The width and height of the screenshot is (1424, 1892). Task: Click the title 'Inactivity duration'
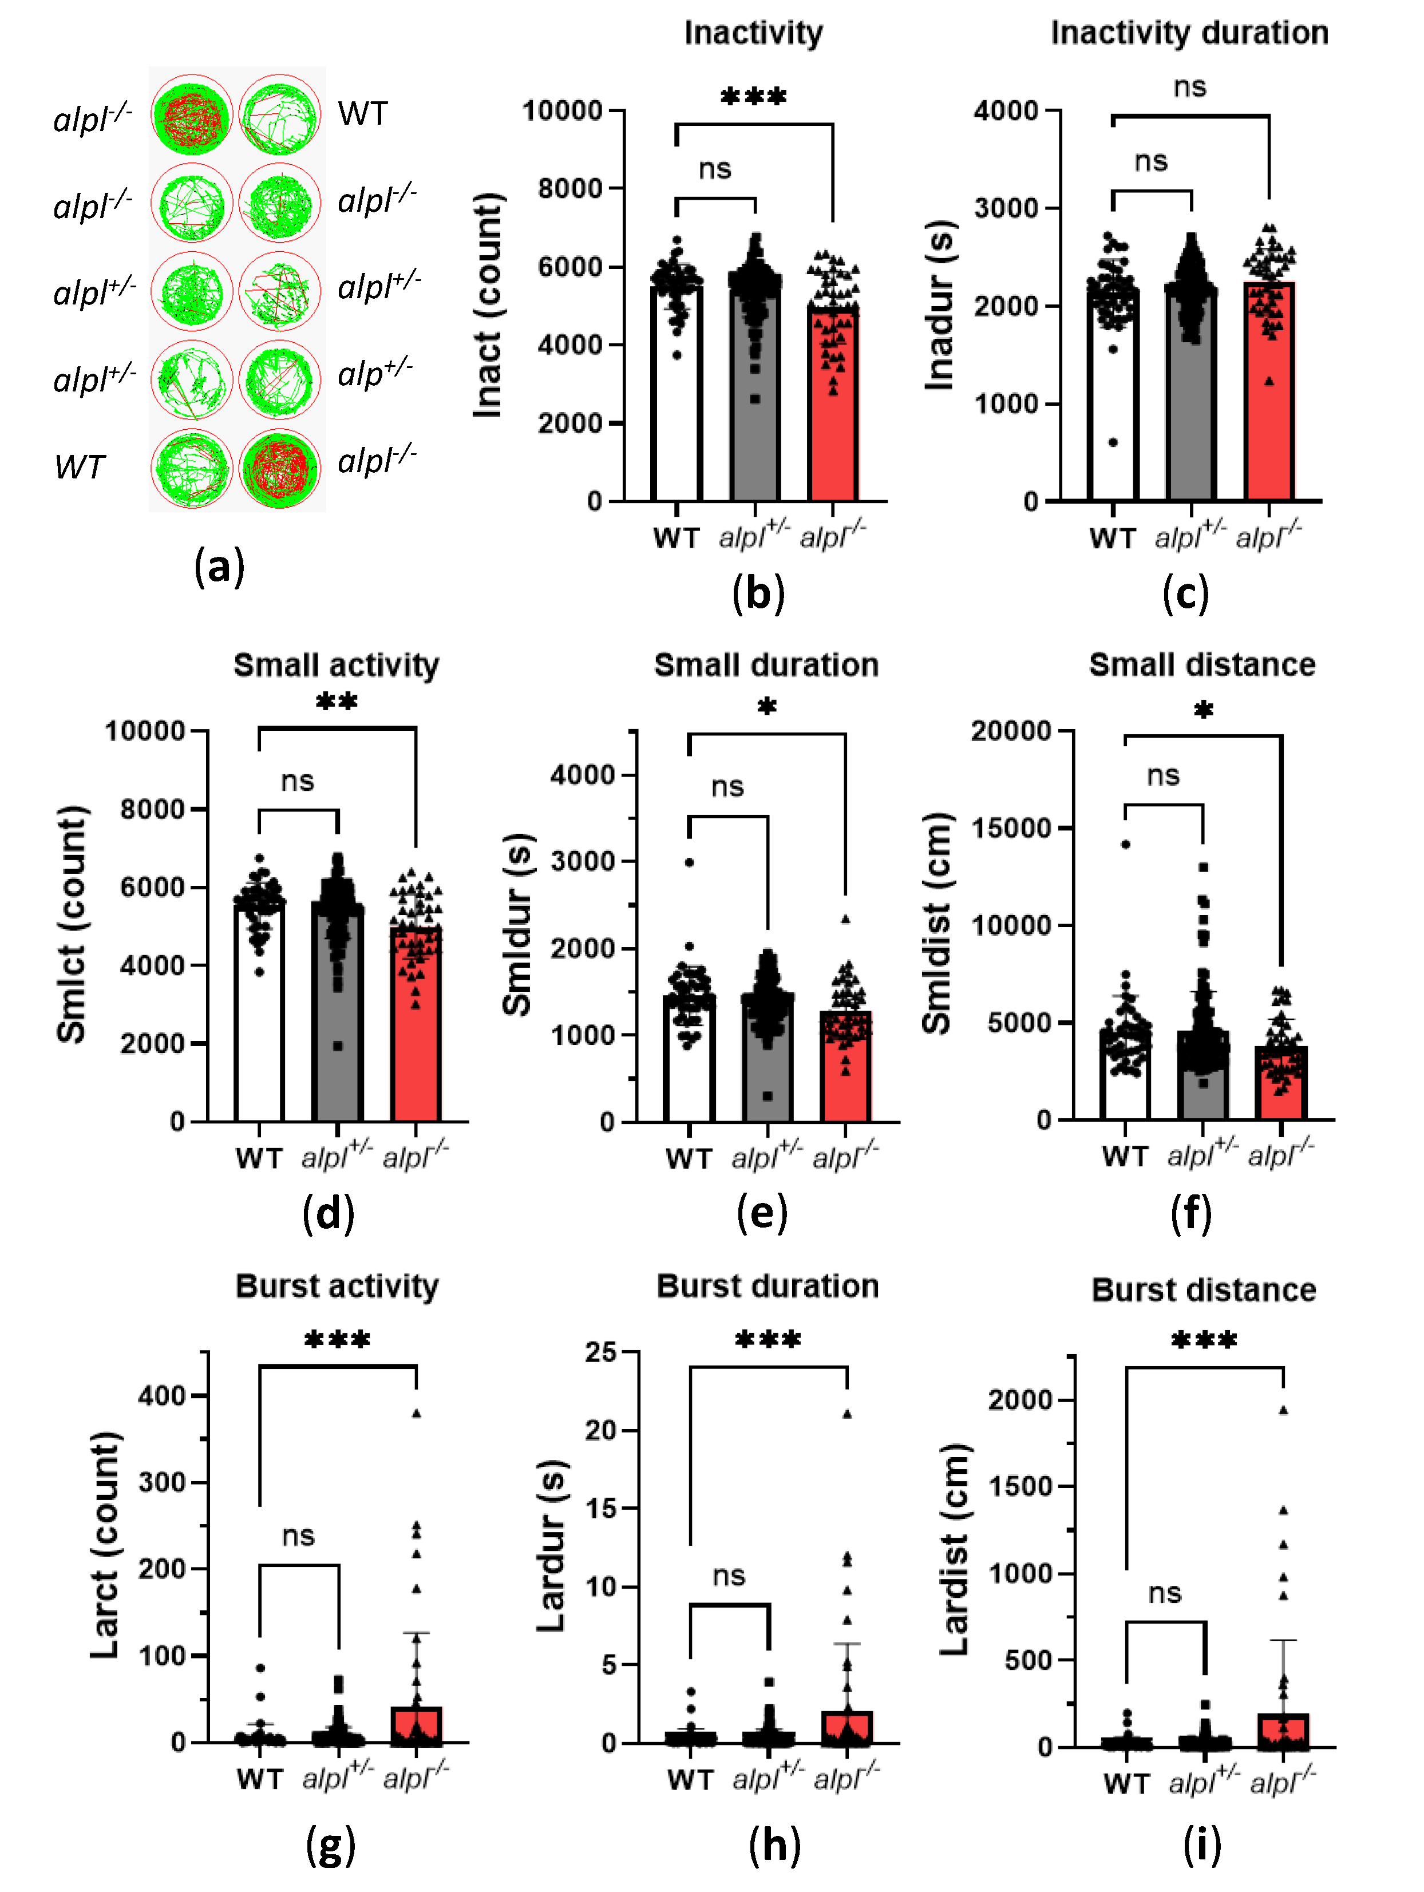point(1189,33)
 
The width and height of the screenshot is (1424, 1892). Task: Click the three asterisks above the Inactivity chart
point(753,97)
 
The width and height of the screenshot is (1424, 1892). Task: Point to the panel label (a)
point(219,566)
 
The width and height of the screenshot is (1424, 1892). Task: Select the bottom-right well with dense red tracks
point(280,468)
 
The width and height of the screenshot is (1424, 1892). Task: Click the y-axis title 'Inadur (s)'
point(940,306)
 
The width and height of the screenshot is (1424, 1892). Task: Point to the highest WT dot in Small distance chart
point(1125,844)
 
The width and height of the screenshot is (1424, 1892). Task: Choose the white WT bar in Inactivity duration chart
point(1112,402)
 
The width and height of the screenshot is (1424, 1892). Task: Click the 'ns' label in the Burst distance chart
point(1164,1593)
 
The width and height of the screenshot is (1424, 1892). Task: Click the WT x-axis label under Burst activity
point(259,1779)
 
